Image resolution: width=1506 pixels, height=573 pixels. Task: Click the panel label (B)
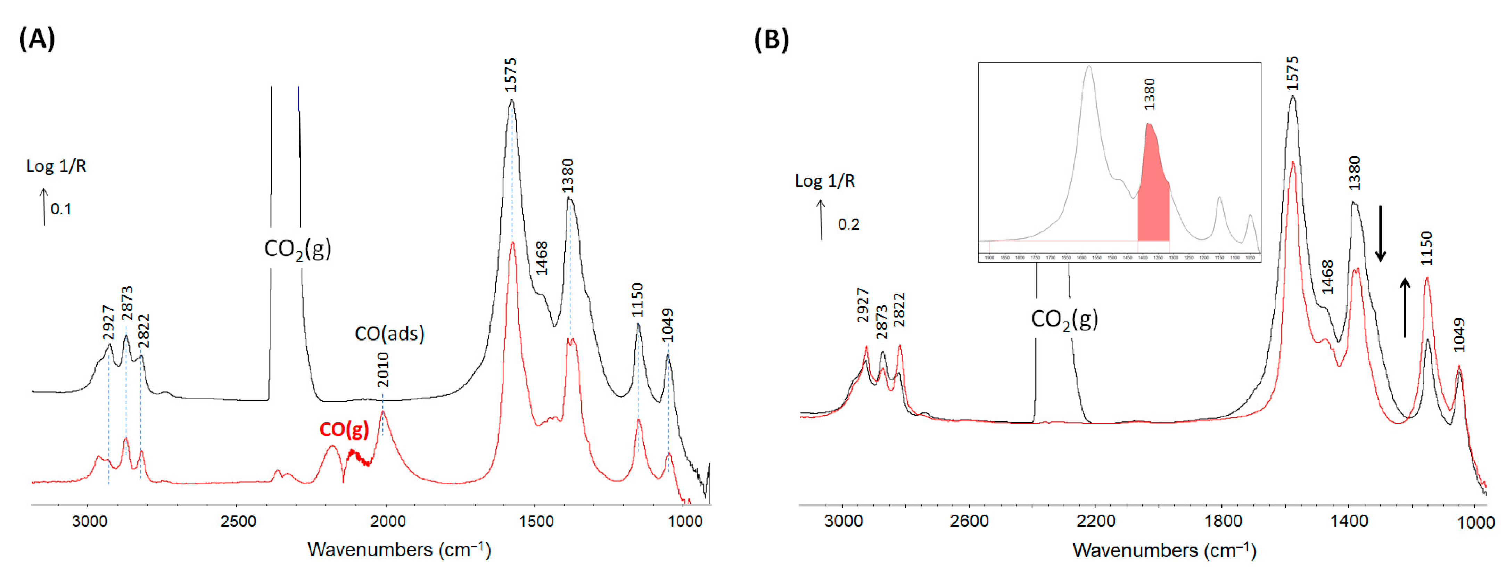[771, 39]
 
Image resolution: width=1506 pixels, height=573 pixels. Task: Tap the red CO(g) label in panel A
[344, 430]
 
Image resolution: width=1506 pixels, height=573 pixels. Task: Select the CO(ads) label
[389, 333]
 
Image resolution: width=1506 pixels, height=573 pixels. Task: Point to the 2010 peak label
[383, 369]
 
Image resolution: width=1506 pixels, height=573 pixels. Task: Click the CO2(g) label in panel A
[298, 249]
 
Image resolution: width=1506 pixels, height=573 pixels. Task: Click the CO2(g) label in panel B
[1064, 319]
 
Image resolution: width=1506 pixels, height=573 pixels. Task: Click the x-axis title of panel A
[399, 550]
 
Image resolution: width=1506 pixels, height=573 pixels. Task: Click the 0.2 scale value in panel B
[848, 224]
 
